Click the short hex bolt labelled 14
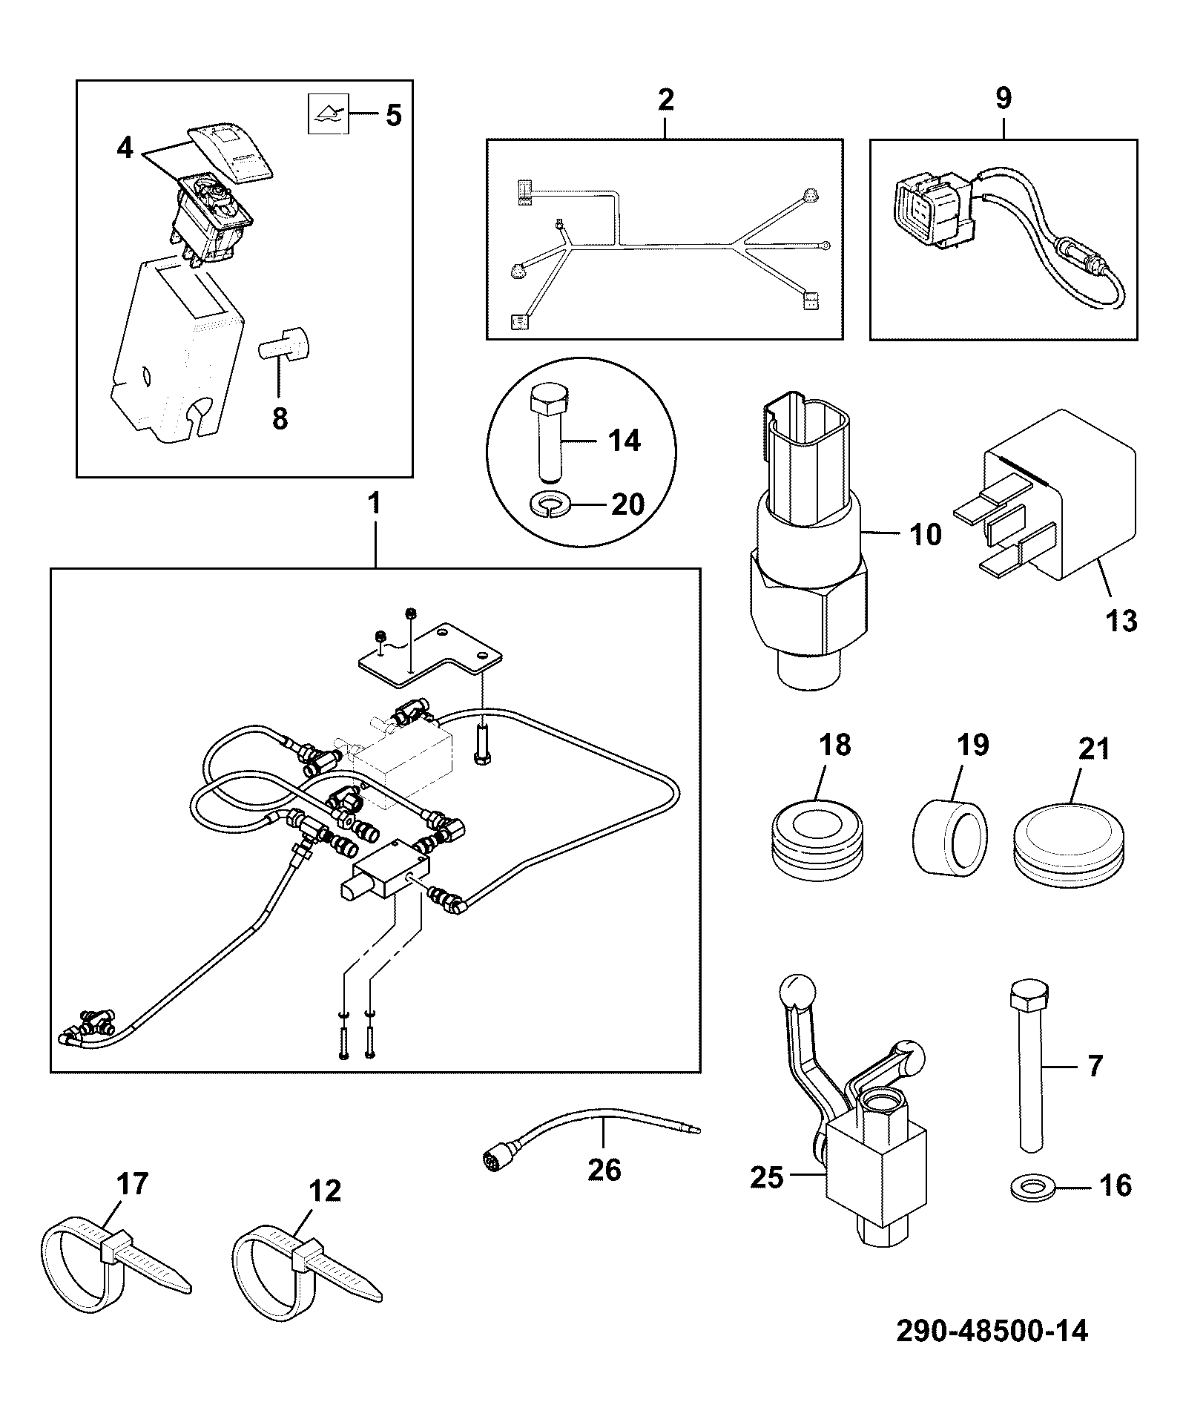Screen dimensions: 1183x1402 548,433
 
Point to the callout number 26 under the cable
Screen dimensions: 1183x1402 604,1170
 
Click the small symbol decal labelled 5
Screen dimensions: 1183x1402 328,115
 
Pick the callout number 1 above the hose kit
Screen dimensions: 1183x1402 374,505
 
